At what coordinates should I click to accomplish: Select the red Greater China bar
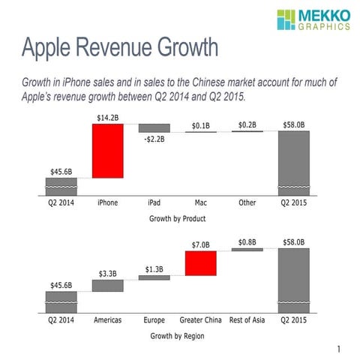(200, 263)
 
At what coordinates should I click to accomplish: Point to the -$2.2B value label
(154, 139)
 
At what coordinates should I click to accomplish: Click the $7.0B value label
(200, 244)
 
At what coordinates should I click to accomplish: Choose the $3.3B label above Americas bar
(107, 274)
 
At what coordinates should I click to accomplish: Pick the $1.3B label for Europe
(154, 268)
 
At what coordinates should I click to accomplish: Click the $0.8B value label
(247, 241)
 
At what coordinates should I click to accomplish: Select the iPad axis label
(154, 202)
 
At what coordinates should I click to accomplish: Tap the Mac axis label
(200, 202)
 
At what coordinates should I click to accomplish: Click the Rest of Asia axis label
(247, 319)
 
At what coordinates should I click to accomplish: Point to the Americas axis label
(107, 319)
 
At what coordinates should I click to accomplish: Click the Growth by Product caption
(178, 218)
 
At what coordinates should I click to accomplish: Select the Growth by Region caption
(178, 335)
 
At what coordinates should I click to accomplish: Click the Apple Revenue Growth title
(120, 48)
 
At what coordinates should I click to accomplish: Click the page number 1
(339, 349)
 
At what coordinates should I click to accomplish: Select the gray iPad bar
(154, 128)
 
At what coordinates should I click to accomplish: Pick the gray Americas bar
(107, 286)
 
